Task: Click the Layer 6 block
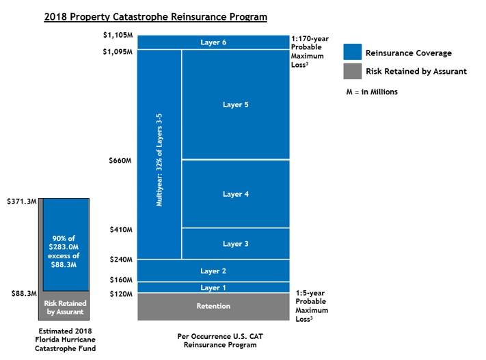[x=213, y=42]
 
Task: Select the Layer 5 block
[x=236, y=105]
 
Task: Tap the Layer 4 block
[x=236, y=194]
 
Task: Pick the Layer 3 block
[x=236, y=243]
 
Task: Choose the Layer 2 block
[x=213, y=271]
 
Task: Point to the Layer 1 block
[x=213, y=288]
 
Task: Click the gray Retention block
[x=213, y=307]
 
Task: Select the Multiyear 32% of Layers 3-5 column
[x=159, y=154]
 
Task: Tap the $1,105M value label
[x=117, y=35]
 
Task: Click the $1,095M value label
[x=117, y=52]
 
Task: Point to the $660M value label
[x=120, y=161]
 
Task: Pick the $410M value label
[x=120, y=230]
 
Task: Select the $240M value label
[x=120, y=260]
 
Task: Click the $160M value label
[x=120, y=279]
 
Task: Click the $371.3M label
[x=20, y=202]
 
